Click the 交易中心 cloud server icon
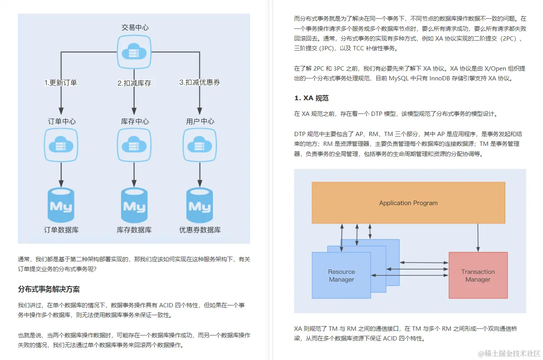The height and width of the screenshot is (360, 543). [x=134, y=52]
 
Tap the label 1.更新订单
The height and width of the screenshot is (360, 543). [x=61, y=83]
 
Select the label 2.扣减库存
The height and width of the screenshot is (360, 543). [x=134, y=83]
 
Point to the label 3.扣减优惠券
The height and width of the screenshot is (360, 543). [x=200, y=82]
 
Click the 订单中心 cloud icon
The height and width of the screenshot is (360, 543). [x=61, y=145]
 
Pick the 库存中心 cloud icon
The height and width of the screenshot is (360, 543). [x=134, y=145]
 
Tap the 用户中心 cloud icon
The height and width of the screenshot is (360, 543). [x=200, y=145]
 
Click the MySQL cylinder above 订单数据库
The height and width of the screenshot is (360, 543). [x=61, y=205]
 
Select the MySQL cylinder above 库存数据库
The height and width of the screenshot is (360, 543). [x=134, y=205]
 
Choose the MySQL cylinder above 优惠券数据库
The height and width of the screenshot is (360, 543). [x=200, y=205]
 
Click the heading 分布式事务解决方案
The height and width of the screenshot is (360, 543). [x=49, y=289]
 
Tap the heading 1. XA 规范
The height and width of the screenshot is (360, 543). [x=311, y=98]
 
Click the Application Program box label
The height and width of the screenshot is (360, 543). [x=408, y=203]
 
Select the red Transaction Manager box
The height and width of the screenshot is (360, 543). [x=478, y=275]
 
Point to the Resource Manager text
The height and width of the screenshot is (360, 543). [x=341, y=275]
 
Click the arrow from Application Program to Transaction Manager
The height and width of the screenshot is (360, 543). [x=478, y=237]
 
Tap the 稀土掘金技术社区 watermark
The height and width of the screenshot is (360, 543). [x=509, y=353]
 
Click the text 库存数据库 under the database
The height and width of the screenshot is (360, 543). [x=134, y=230]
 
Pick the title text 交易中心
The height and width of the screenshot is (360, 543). [x=135, y=27]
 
